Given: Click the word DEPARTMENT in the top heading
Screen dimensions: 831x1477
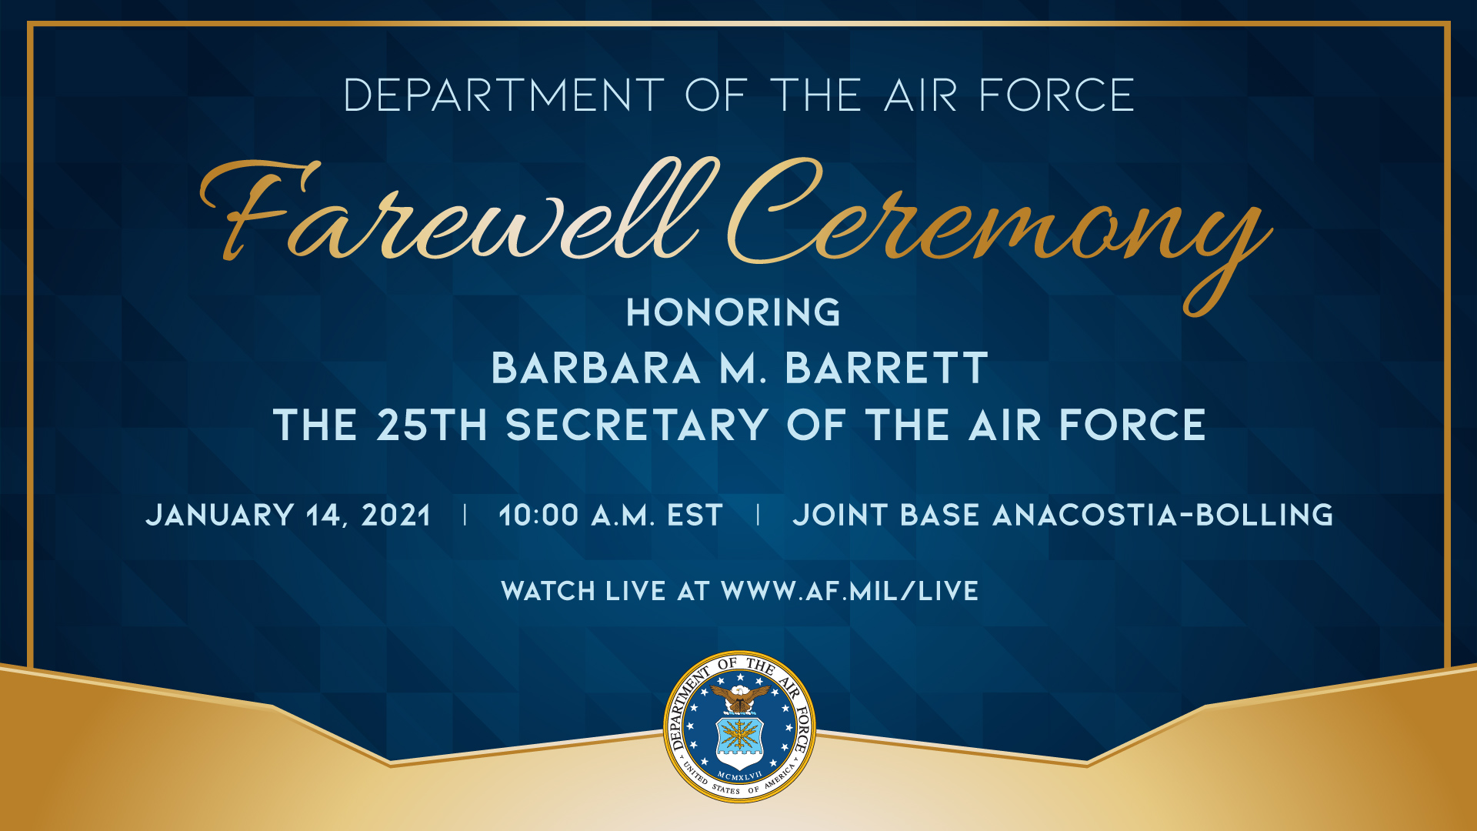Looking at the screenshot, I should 504,95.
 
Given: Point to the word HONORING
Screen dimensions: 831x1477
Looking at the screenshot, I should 733,313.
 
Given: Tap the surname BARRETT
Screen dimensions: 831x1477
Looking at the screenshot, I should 886,369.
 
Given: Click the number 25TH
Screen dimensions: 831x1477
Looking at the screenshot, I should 432,426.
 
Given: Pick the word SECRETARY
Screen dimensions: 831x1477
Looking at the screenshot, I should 637,426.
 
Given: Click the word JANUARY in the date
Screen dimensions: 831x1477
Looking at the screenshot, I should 220,516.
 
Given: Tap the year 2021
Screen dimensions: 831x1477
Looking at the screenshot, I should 396,516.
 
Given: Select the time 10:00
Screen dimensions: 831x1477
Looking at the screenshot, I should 538,516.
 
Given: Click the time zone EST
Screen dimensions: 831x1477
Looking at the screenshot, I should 695,516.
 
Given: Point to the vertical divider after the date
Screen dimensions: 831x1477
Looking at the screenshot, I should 465,515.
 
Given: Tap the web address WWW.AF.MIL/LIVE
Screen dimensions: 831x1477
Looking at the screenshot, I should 849,591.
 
